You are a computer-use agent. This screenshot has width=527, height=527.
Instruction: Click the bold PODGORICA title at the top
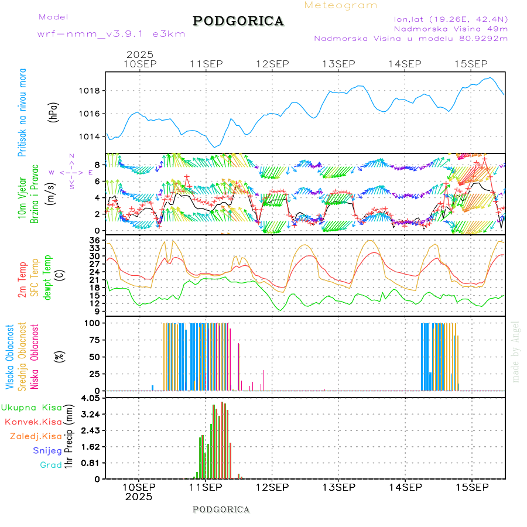[x=238, y=21]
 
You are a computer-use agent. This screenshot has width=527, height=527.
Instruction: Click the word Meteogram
[x=341, y=5]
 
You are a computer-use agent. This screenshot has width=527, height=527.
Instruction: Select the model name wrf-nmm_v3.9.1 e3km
[x=111, y=33]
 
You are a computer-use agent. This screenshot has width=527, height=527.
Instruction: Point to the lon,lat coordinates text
[x=451, y=18]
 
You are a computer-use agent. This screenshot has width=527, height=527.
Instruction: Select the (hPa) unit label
[x=53, y=112]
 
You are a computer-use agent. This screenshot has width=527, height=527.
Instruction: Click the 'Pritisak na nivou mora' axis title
[x=22, y=112]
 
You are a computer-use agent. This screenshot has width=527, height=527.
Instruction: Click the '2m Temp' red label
[x=22, y=280]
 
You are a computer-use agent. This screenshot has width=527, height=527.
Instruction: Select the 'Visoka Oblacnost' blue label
[x=10, y=357]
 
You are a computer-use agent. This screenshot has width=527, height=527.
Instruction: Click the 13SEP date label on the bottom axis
[x=338, y=487]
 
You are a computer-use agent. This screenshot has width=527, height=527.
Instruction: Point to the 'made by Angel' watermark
[x=516, y=351]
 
